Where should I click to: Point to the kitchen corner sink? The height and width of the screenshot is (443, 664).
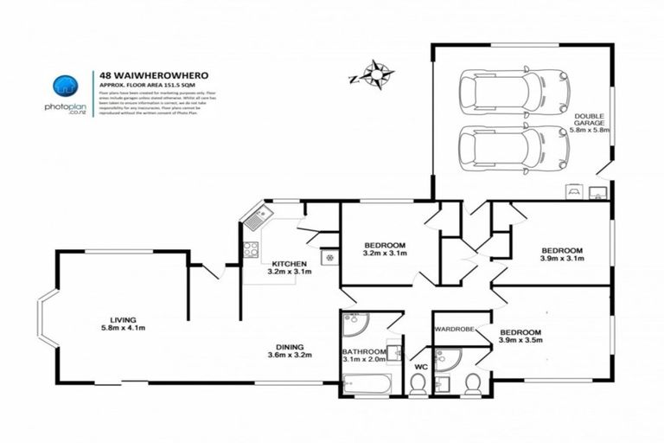click(x=254, y=217)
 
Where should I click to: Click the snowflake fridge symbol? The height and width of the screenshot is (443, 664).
click(x=329, y=257)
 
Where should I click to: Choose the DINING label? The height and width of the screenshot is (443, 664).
click(x=290, y=344)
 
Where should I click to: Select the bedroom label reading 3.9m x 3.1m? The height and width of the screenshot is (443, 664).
click(x=562, y=252)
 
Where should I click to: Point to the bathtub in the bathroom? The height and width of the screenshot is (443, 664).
click(x=367, y=381)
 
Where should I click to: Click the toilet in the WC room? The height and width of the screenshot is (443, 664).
click(x=418, y=385)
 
